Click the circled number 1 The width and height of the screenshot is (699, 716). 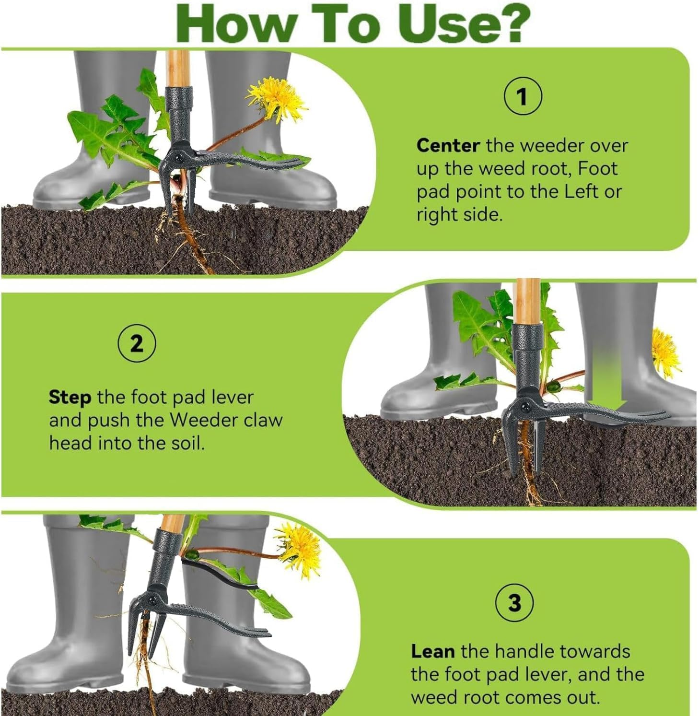click(x=523, y=96)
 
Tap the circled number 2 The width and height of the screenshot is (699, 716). click(x=137, y=343)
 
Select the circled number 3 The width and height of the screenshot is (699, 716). click(x=514, y=602)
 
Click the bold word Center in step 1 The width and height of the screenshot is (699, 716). click(x=448, y=145)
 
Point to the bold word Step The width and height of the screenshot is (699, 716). click(x=70, y=398)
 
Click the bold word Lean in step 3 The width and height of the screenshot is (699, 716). click(x=432, y=651)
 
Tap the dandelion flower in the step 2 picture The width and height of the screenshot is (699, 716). click(x=666, y=352)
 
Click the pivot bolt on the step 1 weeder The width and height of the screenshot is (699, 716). click(x=178, y=157)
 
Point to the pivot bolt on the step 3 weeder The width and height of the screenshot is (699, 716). click(x=153, y=599)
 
